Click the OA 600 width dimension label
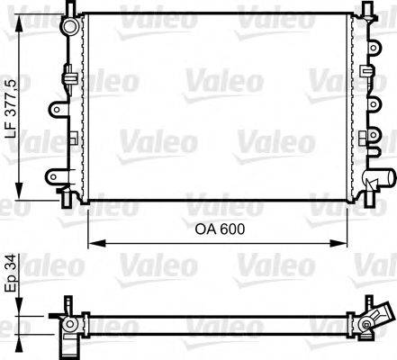click(x=219, y=229)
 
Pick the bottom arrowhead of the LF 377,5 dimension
click(x=20, y=193)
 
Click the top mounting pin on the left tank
click(x=70, y=8)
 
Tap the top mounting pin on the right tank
click(x=365, y=8)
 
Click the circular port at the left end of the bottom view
click(x=69, y=321)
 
